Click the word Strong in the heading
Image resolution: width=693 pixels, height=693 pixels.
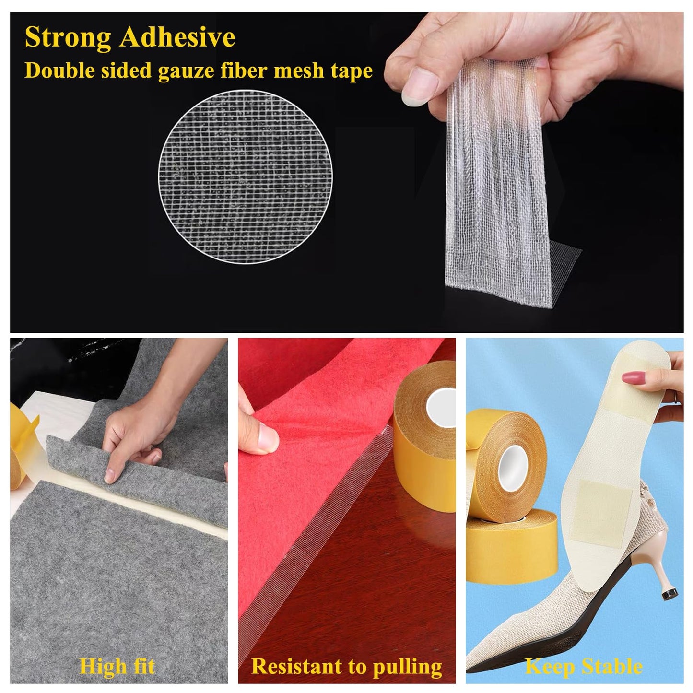click(x=68, y=38)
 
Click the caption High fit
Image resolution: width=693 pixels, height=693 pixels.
click(x=117, y=666)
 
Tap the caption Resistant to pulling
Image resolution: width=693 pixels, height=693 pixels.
click(x=346, y=666)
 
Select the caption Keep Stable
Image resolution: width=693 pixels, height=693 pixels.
click(x=583, y=666)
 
